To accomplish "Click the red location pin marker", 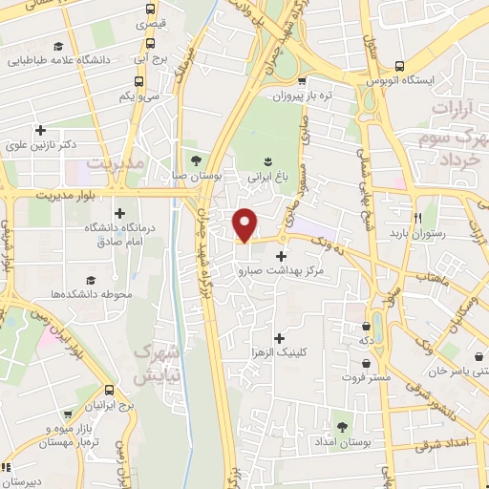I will (245, 224).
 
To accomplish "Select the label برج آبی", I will (150, 58).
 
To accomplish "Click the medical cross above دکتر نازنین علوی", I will (39, 131).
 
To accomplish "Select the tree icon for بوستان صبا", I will (197, 159).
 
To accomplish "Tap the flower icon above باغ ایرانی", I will (267, 159).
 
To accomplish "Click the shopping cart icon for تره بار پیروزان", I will (303, 81).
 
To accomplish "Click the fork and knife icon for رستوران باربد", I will (417, 216).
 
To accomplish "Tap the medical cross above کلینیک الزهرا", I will (278, 338).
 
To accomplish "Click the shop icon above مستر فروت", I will (368, 364).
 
